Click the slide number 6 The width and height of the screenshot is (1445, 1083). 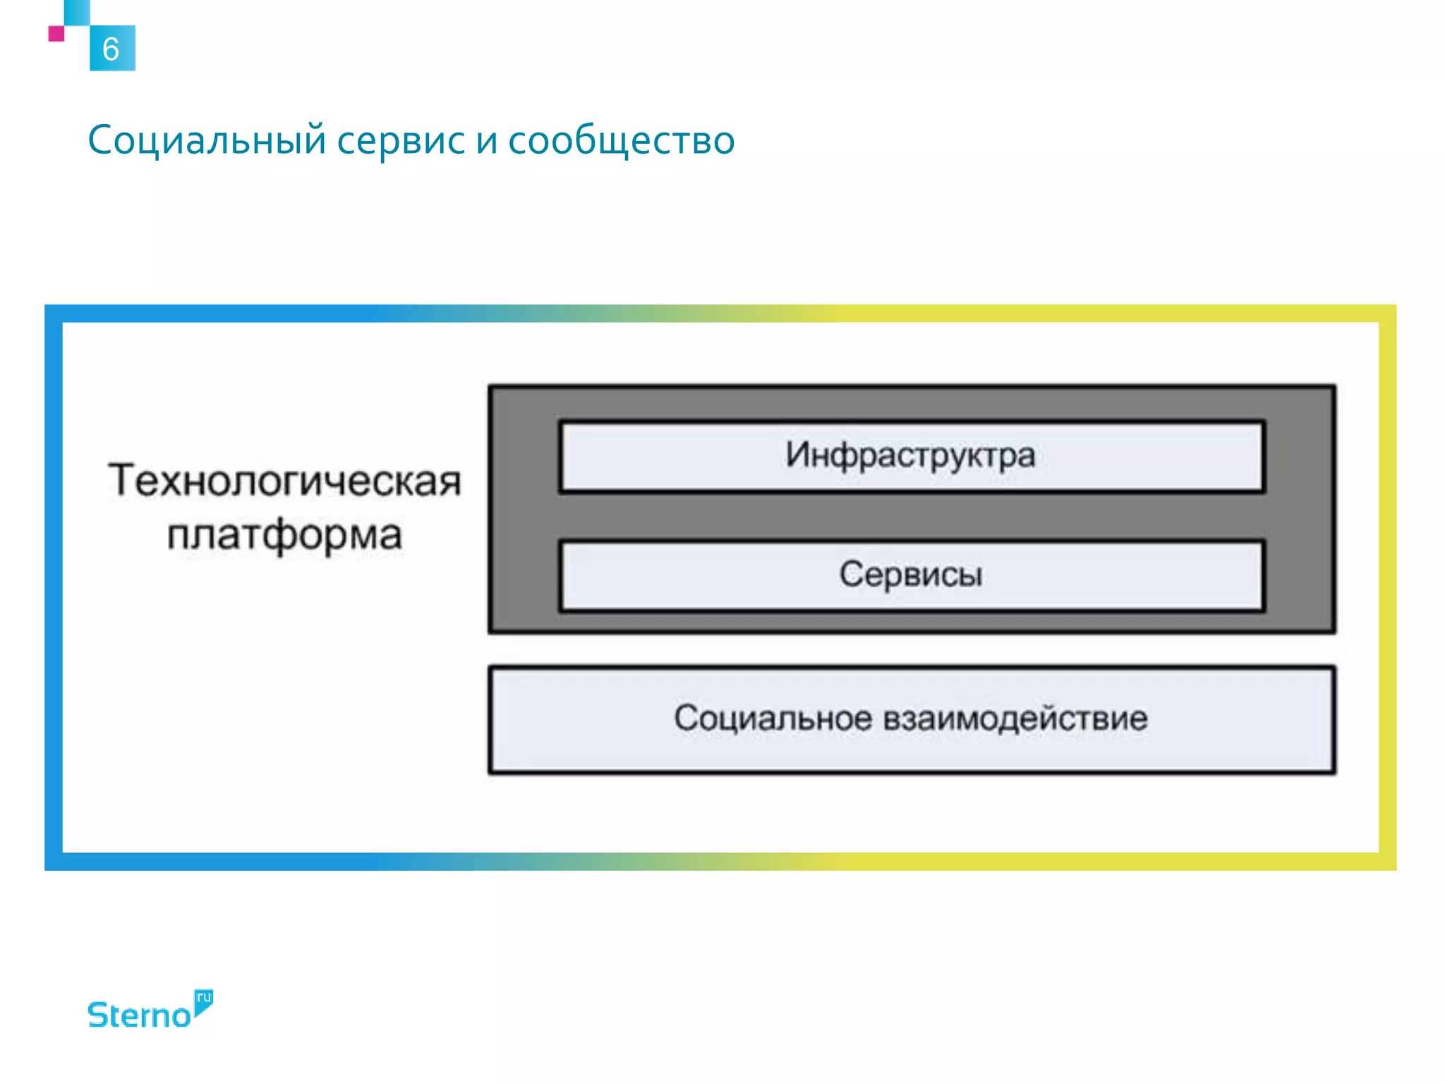[x=111, y=49]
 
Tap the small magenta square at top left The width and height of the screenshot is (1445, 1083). [x=56, y=33]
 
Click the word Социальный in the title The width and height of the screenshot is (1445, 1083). [x=207, y=140]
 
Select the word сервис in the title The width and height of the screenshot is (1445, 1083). [x=401, y=140]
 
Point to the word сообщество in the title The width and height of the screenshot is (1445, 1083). [x=621, y=140]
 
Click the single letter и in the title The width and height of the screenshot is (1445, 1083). [x=487, y=142]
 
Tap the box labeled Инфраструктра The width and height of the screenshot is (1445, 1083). [x=910, y=455]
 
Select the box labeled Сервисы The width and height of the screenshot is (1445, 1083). [x=910, y=575]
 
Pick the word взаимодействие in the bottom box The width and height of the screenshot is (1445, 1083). [x=1015, y=718]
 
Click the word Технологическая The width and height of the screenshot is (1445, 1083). [x=284, y=481]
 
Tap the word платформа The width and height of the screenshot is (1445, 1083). [x=284, y=535]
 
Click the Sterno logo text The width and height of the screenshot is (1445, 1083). [x=139, y=1015]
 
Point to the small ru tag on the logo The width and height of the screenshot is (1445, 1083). [x=204, y=998]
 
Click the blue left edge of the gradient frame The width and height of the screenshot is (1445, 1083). [x=54, y=585]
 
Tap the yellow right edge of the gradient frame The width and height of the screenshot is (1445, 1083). [x=1387, y=585]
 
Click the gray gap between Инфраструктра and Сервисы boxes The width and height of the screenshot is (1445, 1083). [x=910, y=516]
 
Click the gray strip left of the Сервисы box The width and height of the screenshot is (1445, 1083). [x=524, y=575]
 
